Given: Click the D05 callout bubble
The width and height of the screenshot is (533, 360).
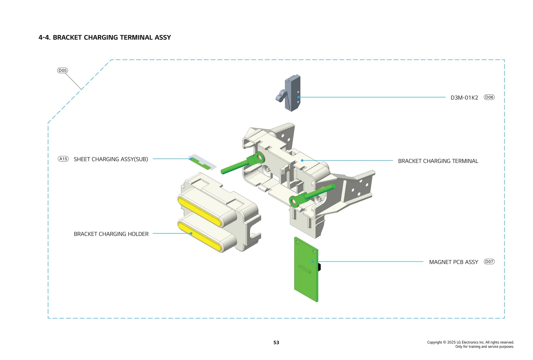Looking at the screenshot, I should tap(63, 70).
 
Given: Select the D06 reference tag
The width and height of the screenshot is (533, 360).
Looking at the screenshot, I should tap(489, 97).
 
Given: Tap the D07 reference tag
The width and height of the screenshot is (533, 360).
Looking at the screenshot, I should tap(489, 262).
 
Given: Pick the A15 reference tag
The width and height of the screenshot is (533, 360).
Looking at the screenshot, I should tap(63, 159).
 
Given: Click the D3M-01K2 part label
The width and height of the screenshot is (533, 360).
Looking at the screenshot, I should tap(464, 98).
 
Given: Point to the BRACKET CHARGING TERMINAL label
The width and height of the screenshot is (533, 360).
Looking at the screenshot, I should tap(438, 161).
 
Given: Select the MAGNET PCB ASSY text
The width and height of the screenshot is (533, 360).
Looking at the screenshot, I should tap(453, 262).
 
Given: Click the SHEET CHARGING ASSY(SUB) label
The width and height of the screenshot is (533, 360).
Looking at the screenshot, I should tap(111, 159).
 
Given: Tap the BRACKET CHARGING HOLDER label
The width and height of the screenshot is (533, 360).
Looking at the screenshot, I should tap(111, 234).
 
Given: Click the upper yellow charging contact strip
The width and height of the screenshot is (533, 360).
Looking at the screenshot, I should tap(200, 212).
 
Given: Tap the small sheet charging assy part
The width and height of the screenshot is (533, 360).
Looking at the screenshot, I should tap(202, 162).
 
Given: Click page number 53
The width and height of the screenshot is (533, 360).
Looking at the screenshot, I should tap(276, 342).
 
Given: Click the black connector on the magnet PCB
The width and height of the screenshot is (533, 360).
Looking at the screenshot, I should tap(319, 267).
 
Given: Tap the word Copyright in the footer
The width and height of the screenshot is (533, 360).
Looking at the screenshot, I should tap(434, 342).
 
